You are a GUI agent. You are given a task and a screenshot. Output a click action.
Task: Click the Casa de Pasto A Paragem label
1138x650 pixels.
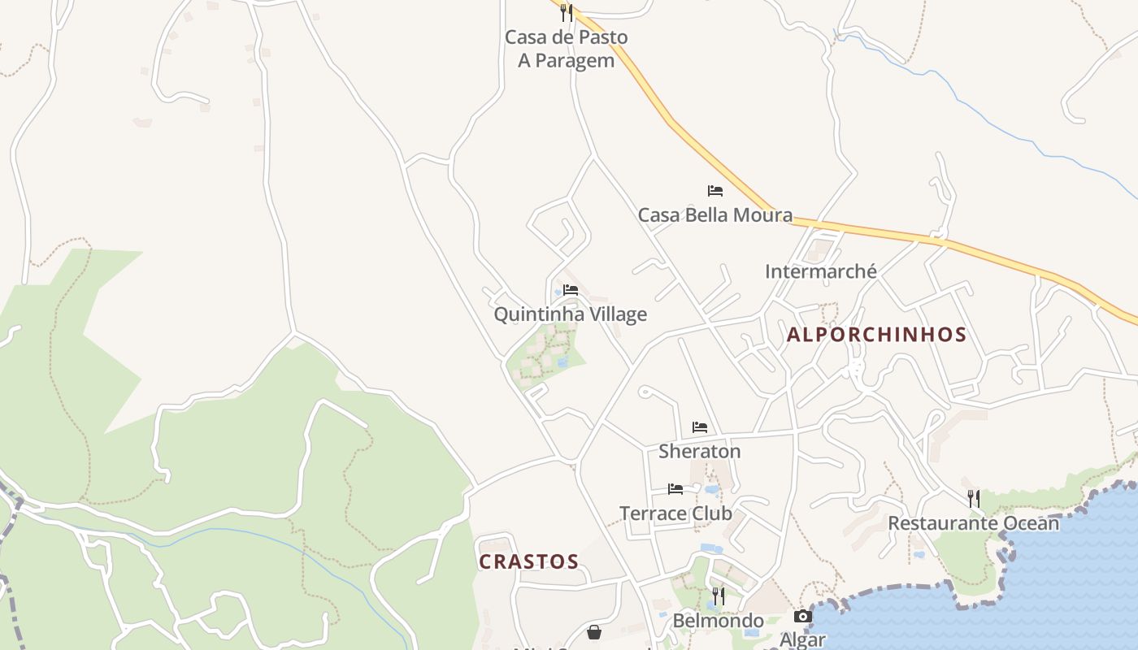566,49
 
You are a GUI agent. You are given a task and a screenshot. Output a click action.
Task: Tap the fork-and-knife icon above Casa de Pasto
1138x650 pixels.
566,13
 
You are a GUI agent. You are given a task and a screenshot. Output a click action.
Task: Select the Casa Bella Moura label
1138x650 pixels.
715,215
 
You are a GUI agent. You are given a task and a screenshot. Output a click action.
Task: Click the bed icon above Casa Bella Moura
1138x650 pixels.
715,191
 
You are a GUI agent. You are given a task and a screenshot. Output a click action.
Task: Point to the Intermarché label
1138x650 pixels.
820,271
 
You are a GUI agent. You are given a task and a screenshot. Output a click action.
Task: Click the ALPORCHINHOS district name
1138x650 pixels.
876,335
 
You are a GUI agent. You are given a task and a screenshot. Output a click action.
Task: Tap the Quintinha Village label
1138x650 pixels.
570,314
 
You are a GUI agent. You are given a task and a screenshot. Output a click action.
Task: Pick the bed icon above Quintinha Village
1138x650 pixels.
571,290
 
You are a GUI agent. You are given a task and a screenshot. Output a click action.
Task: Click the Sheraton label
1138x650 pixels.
699,451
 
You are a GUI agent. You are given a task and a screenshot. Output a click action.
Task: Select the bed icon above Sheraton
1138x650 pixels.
700,427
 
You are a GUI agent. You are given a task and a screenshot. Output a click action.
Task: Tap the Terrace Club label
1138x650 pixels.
675,513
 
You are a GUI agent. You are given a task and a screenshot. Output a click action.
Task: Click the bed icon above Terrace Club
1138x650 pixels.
675,489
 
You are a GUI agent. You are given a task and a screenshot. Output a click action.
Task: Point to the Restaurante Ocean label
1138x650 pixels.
973,523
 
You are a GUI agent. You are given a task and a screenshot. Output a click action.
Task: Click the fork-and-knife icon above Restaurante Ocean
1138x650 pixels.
973,498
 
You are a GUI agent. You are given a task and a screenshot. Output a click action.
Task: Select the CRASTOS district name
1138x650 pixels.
528,562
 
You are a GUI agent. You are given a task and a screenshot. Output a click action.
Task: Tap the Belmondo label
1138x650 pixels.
718,622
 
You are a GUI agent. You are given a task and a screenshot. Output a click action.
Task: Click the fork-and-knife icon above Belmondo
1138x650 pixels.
718,597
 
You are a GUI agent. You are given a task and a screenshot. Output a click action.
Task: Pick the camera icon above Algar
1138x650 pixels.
802,617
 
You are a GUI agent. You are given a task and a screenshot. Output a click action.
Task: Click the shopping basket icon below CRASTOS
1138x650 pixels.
594,632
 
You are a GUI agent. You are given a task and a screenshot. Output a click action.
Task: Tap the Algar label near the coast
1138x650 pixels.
802,639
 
